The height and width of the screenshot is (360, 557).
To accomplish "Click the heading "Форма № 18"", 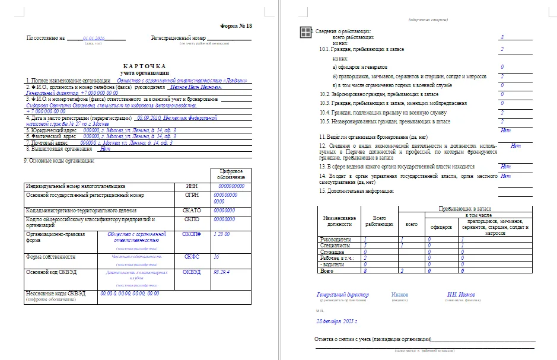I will [x=236, y=26].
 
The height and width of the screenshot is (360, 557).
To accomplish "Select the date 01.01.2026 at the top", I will [x=93, y=38].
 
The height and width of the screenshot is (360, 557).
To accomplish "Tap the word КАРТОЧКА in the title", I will [x=144, y=66].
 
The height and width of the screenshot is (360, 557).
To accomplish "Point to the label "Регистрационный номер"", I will [x=178, y=38].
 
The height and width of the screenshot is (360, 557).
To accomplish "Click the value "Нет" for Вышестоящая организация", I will [x=105, y=149].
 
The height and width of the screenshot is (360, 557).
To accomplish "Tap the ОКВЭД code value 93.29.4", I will [x=222, y=272].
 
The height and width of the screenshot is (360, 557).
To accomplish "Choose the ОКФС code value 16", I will [x=217, y=257].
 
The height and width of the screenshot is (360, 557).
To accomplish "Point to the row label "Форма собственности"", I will [x=50, y=257].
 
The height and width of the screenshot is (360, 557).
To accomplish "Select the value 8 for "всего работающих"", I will [x=502, y=37].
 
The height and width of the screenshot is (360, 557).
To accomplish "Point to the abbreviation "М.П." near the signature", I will [x=320, y=310].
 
